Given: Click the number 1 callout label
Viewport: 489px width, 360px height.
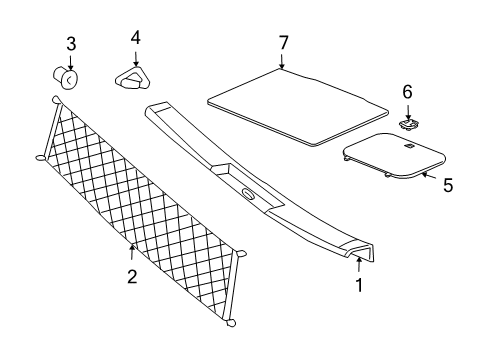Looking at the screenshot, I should pos(359,284).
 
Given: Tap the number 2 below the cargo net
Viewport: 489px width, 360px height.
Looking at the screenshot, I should pos(132,277).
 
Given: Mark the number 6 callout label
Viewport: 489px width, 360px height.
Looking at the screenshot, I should pos(407,91).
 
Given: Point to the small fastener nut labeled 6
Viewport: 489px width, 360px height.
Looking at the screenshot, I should pos(407,124).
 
